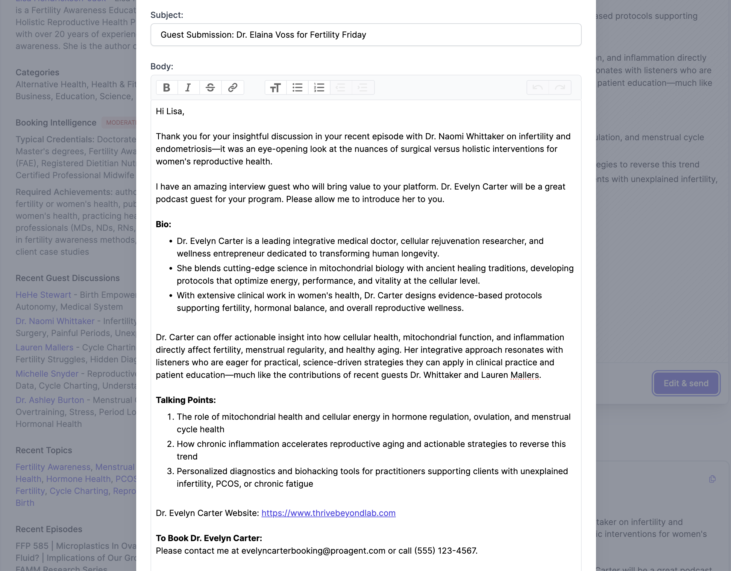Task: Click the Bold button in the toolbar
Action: pyautogui.click(x=166, y=88)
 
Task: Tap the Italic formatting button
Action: pyautogui.click(x=188, y=88)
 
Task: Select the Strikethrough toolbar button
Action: pyautogui.click(x=210, y=88)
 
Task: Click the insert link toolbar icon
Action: pyautogui.click(x=233, y=88)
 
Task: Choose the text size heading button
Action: pyautogui.click(x=275, y=88)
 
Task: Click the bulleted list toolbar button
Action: pyautogui.click(x=297, y=88)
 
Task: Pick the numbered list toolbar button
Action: pyautogui.click(x=319, y=88)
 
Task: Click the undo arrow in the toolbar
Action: pyautogui.click(x=538, y=88)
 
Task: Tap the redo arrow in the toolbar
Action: pyautogui.click(x=560, y=88)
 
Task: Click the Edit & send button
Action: pyautogui.click(x=686, y=383)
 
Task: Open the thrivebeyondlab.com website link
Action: pyautogui.click(x=328, y=513)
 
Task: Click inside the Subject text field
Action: pyautogui.click(x=365, y=35)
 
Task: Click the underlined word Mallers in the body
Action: pyautogui.click(x=524, y=375)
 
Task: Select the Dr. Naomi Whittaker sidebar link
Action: pyautogui.click(x=55, y=321)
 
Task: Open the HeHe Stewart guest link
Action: pyautogui.click(x=43, y=295)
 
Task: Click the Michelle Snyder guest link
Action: pyautogui.click(x=47, y=374)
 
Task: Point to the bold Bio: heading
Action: pyautogui.click(x=163, y=224)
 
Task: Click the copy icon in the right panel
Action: pyautogui.click(x=712, y=479)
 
